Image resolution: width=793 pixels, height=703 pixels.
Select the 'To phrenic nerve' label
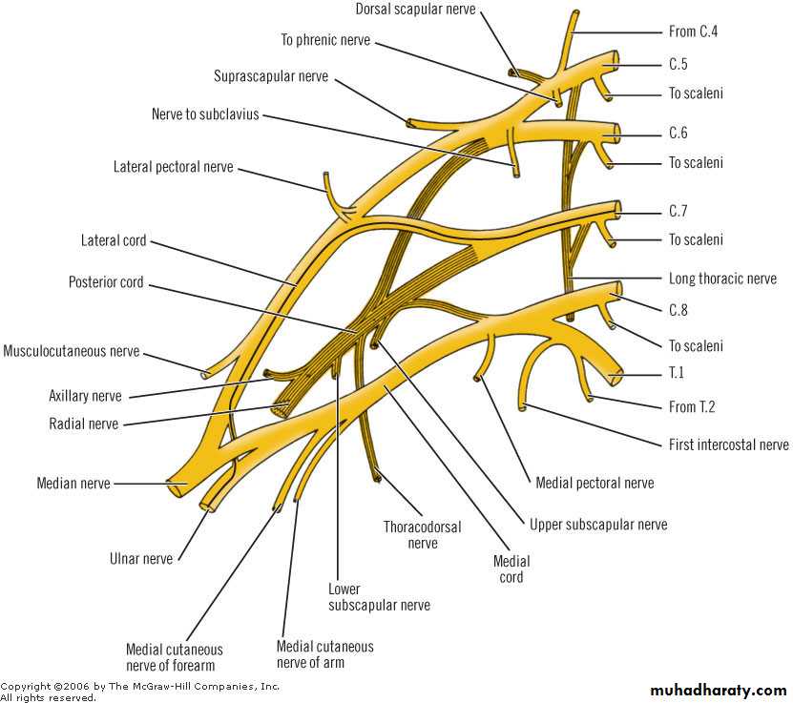(x=325, y=40)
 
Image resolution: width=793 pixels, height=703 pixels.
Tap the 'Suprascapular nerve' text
(x=272, y=75)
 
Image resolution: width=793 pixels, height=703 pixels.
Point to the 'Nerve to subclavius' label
(x=204, y=114)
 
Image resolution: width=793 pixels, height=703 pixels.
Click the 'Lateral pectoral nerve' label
(x=173, y=167)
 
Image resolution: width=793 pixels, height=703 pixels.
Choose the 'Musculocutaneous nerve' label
(x=72, y=351)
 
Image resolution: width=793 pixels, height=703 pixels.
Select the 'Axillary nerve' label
(x=86, y=395)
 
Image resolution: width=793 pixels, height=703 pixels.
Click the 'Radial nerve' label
(x=84, y=424)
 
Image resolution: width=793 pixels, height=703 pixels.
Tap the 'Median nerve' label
(x=73, y=484)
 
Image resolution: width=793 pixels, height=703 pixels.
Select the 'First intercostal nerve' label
(x=728, y=445)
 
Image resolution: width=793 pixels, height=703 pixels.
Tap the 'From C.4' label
(x=693, y=31)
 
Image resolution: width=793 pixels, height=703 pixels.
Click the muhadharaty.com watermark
(x=718, y=690)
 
